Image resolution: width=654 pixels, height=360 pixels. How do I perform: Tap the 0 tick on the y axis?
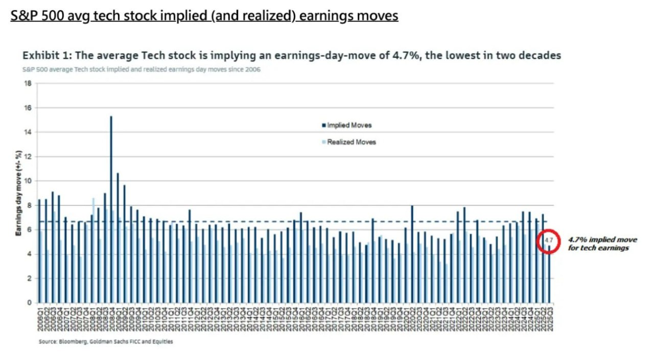(30, 303)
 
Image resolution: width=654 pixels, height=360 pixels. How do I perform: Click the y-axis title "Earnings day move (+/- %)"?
(18, 193)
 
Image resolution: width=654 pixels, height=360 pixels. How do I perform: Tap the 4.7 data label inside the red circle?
(549, 240)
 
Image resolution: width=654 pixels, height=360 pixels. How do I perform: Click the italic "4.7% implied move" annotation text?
(602, 239)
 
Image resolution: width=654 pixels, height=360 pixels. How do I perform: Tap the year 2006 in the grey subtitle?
(253, 69)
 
